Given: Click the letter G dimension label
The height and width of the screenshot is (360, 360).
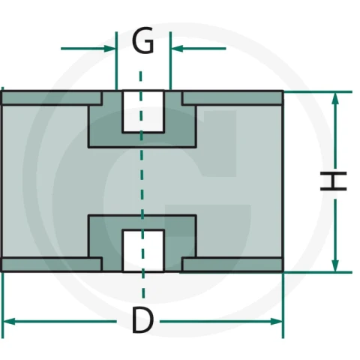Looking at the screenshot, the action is [142, 40].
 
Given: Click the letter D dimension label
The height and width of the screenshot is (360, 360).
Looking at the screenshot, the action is [142, 321].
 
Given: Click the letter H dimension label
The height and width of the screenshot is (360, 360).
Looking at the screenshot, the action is [334, 181].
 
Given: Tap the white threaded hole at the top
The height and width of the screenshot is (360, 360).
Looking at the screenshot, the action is [143, 111].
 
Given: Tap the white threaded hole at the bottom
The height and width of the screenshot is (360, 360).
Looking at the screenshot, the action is [143, 250].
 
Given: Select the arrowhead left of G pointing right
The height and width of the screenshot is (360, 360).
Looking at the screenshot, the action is [109, 49].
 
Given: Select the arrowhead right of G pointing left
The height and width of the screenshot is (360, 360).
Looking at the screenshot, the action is [177, 49].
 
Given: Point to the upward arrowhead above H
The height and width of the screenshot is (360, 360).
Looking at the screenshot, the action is [335, 99].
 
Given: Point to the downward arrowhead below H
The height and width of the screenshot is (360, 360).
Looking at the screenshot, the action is [335, 265].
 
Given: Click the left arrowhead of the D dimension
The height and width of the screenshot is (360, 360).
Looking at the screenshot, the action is [9, 322].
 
